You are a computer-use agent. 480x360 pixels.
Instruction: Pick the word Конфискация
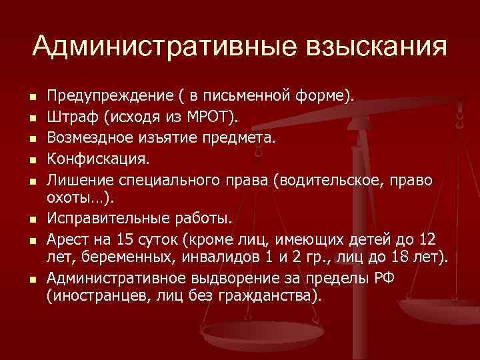tap(97, 159)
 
